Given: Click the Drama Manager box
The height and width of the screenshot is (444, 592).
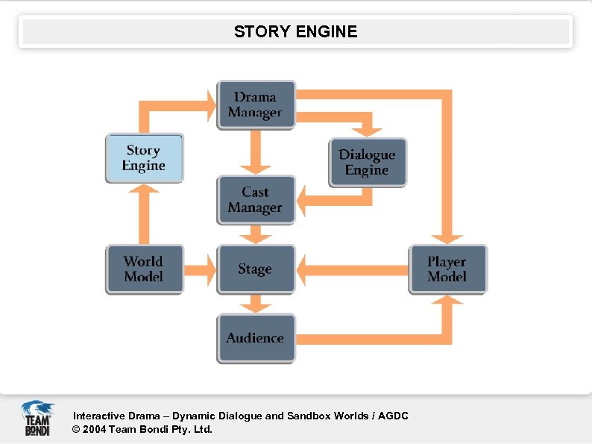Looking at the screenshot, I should (256, 105).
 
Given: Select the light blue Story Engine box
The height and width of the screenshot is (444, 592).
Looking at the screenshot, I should (143, 159).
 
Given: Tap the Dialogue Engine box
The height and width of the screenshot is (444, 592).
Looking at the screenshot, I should (368, 163).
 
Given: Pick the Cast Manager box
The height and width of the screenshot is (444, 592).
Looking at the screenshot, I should (256, 200).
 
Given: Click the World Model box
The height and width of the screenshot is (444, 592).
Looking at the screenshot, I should (143, 269).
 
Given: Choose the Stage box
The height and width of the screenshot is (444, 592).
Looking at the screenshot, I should (256, 269).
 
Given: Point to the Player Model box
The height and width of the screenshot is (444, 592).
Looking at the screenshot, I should (447, 269).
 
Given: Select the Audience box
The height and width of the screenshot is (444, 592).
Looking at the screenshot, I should (256, 338).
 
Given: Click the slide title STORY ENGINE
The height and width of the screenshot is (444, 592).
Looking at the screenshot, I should (296, 32).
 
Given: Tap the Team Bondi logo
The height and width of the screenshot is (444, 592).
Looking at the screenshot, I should (37, 418).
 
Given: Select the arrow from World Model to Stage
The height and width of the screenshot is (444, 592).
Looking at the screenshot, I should (200, 269).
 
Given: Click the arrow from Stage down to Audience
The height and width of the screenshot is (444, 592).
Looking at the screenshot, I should (256, 303).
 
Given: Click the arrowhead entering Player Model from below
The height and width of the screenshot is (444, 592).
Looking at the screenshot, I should (447, 301).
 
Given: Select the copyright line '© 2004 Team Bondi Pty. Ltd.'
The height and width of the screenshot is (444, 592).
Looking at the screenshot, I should (142, 429).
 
